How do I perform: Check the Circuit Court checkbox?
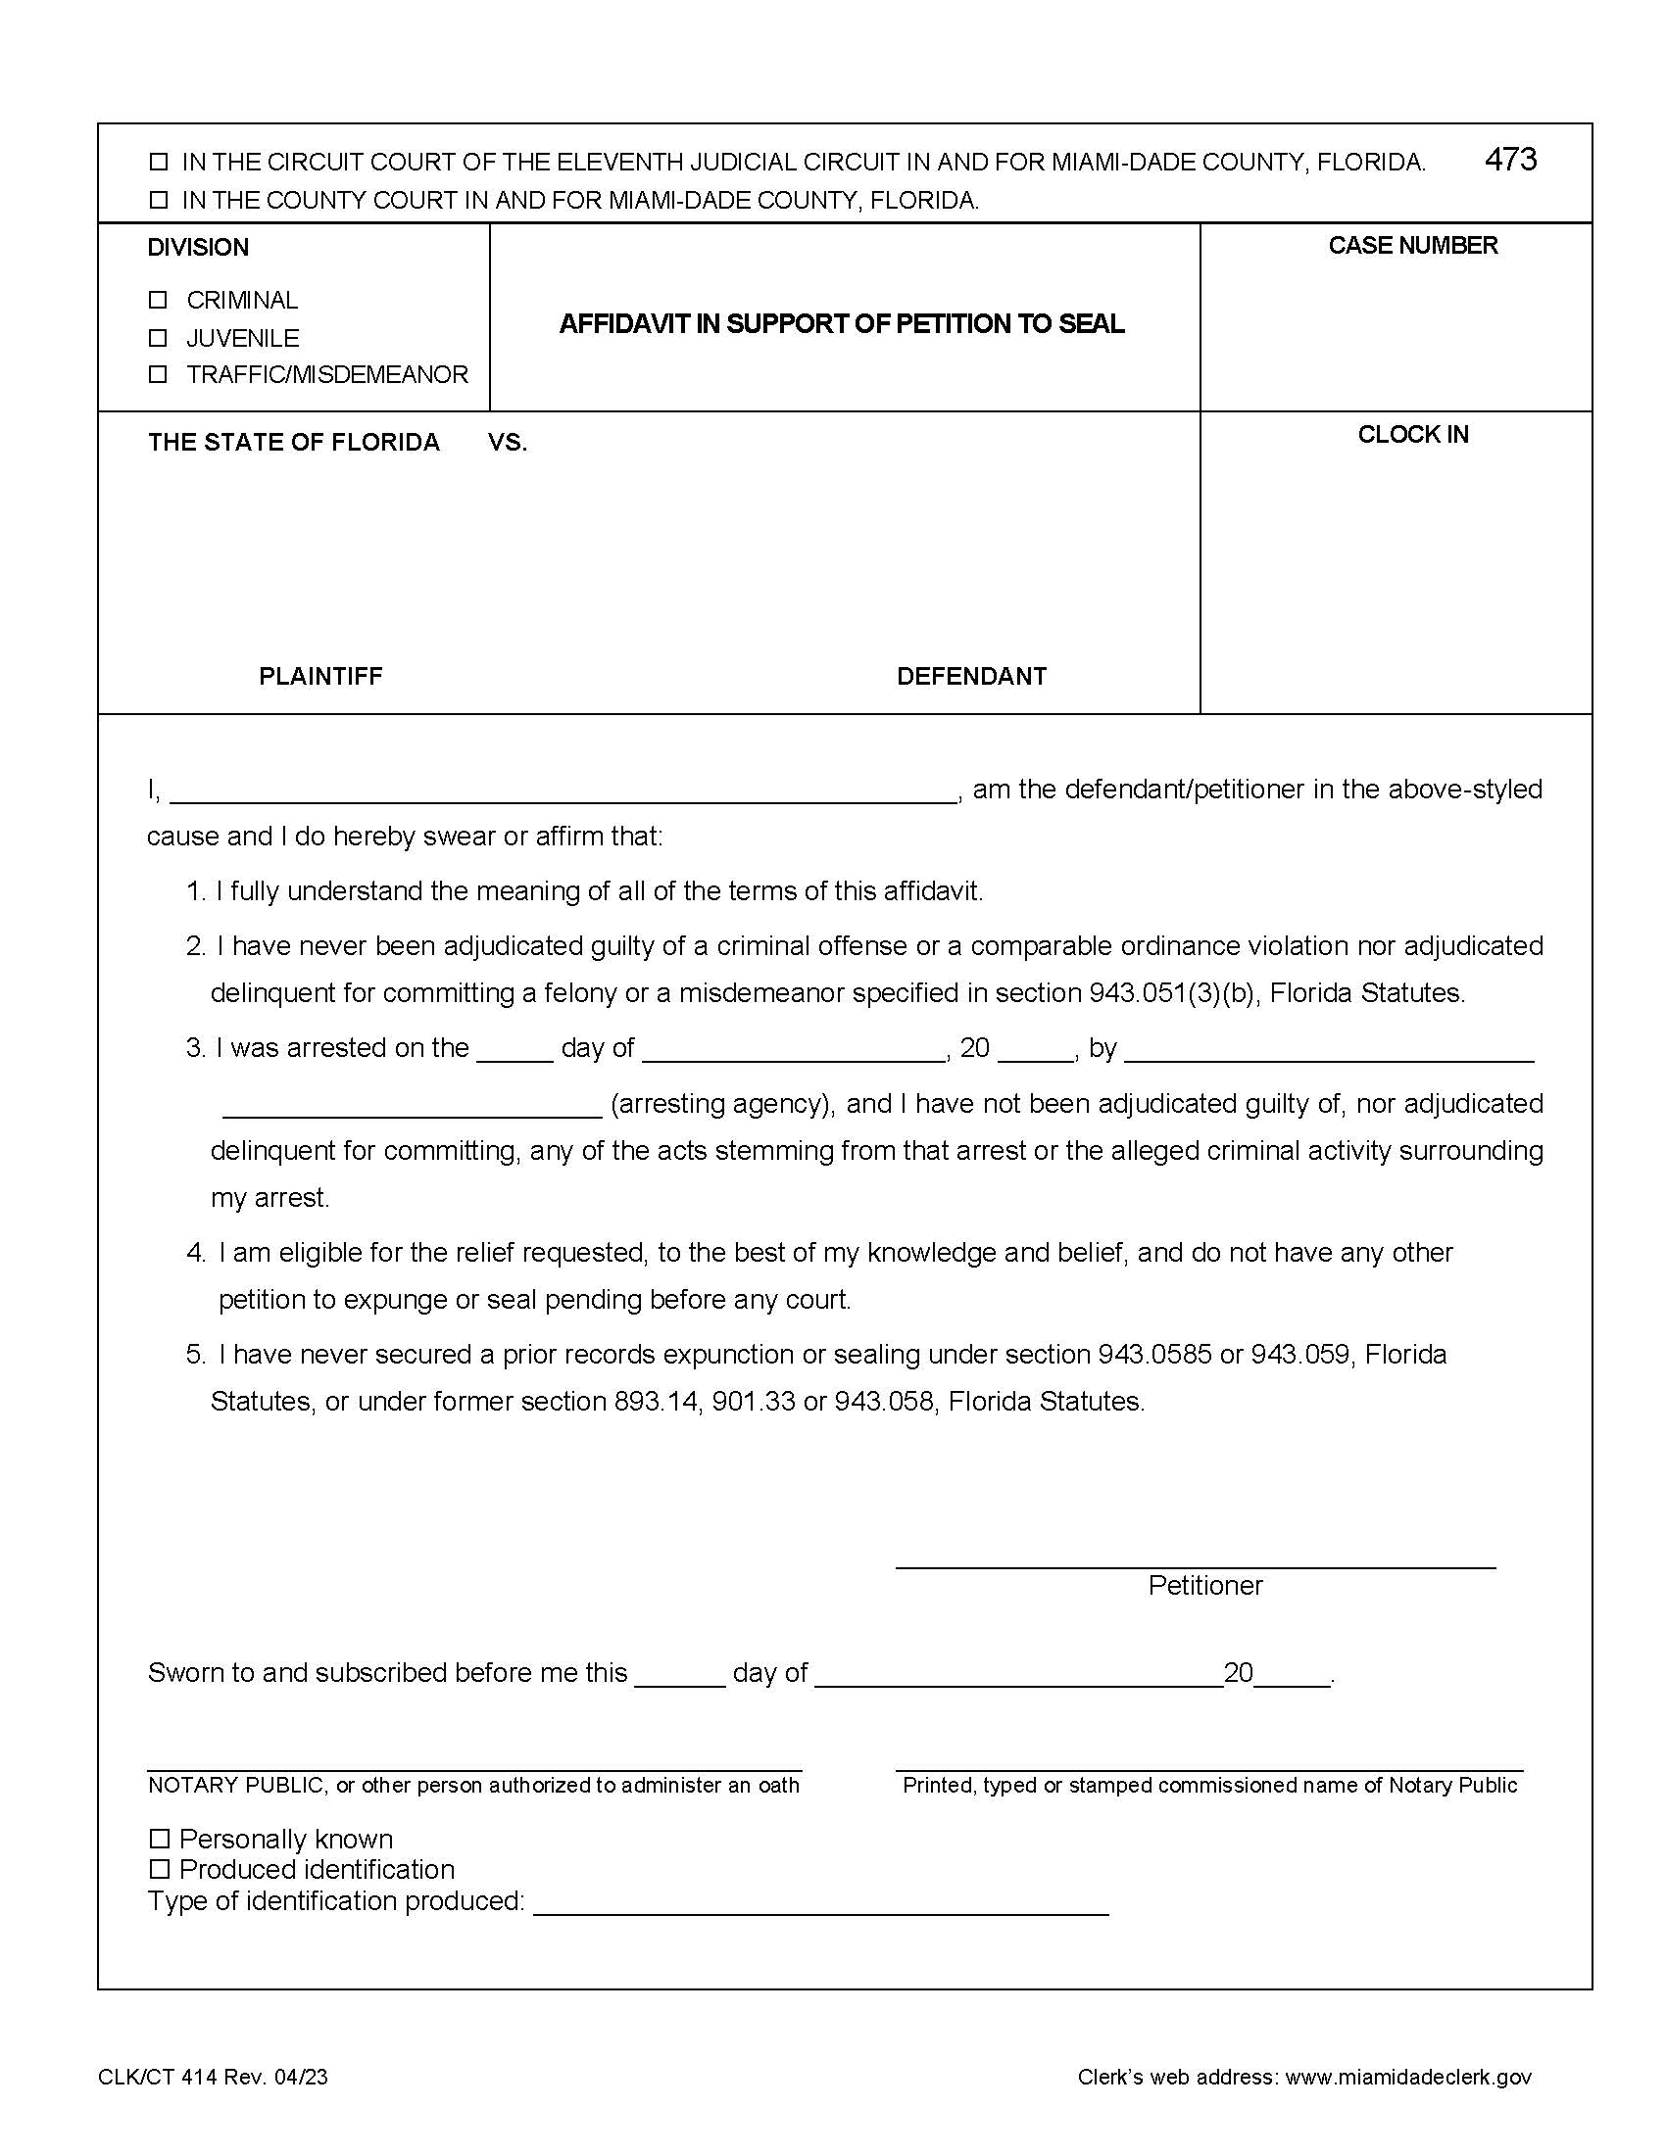158,162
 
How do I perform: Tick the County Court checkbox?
158,200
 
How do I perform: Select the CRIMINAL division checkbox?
158,299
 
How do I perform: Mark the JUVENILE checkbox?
158,338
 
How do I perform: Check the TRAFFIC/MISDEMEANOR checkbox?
158,374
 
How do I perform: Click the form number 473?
1510,160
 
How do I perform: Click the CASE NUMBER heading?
1412,246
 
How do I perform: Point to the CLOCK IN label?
1412,435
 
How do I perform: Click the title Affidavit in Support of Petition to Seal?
842,323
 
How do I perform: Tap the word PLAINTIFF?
319,676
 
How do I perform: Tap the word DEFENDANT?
971,676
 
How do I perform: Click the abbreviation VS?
508,443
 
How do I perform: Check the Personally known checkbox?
159,1839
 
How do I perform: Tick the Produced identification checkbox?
159,1869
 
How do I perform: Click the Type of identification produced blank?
820,1903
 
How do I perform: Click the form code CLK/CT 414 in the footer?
157,2077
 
